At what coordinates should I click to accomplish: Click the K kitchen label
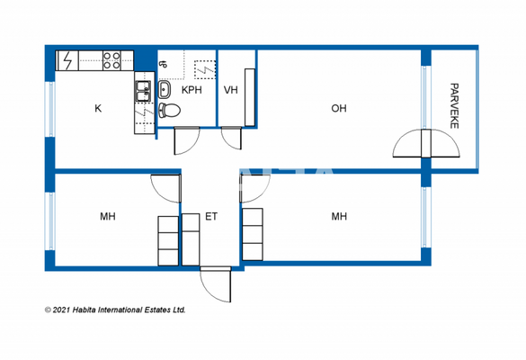[x=98, y=109]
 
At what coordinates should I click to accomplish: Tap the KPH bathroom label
[x=192, y=91]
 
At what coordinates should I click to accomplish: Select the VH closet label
[x=230, y=91]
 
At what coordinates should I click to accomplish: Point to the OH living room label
[x=338, y=109]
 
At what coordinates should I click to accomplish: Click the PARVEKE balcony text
[x=454, y=107]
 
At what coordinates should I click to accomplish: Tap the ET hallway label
[x=211, y=216]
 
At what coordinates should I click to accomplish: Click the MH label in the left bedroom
[x=108, y=216]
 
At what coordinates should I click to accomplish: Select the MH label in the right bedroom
[x=339, y=216]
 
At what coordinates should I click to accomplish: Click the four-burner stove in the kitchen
[x=112, y=60]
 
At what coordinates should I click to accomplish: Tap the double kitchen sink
[x=142, y=89]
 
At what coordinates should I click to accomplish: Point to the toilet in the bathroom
[x=169, y=111]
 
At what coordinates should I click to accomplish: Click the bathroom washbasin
[x=165, y=90]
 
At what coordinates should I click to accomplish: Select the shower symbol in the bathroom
[x=204, y=68]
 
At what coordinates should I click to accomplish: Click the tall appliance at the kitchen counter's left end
[x=67, y=60]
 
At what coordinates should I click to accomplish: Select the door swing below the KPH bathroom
[x=187, y=140]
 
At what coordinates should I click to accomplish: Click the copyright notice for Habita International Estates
[x=115, y=309]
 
